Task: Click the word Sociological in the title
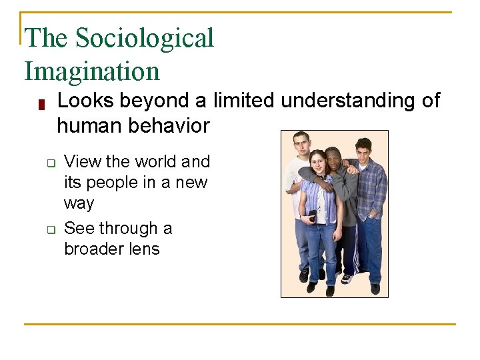tap(145, 39)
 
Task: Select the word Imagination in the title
tap(92, 71)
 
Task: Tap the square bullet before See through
tap(49, 229)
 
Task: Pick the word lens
tap(145, 249)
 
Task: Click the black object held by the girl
tap(313, 215)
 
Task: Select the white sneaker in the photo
tap(346, 279)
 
